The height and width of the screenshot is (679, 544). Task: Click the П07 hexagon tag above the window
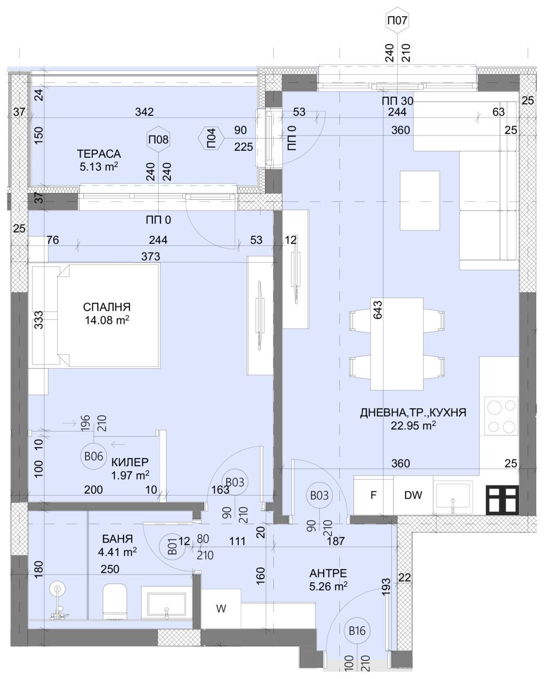click(397, 21)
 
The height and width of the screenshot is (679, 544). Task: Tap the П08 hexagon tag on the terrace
click(158, 140)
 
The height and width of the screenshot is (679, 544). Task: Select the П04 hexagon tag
click(212, 138)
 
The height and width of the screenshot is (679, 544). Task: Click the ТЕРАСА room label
click(98, 154)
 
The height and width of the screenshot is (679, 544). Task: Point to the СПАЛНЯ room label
click(107, 307)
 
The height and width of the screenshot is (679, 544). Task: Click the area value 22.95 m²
click(413, 425)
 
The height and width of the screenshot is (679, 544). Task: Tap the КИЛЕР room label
click(130, 462)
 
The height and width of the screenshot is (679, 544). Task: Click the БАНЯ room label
click(118, 539)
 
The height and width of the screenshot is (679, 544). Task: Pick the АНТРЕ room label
click(328, 573)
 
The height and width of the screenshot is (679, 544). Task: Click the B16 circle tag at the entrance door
click(357, 631)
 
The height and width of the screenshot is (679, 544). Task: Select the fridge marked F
click(373, 496)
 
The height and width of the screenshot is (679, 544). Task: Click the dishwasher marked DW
click(413, 496)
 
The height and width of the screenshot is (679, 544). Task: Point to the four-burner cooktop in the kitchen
click(500, 416)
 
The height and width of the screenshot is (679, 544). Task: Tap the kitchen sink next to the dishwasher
click(453, 497)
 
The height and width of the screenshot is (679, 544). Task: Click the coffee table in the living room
click(420, 200)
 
